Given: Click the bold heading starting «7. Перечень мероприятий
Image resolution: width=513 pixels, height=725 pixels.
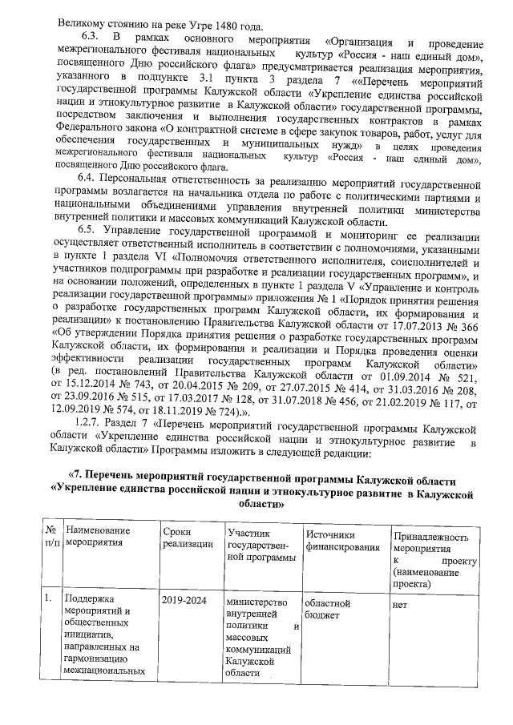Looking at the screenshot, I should [x=264, y=479].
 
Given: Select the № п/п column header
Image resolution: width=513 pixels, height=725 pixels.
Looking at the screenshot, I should [x=51, y=536].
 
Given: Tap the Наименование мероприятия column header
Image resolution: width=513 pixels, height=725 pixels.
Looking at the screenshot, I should [x=95, y=536].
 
